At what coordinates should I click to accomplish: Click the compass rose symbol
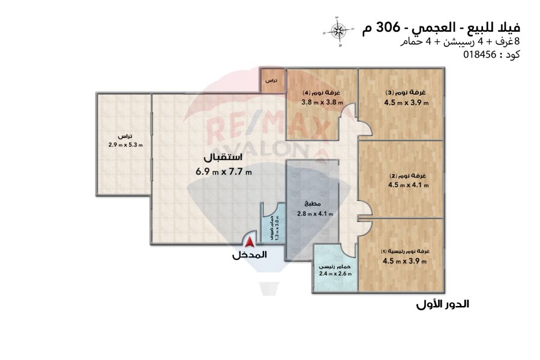tap(339, 31)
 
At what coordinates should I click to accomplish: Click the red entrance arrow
tap(250, 242)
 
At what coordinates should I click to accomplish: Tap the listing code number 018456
tap(479, 55)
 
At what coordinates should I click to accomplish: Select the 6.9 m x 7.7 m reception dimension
tap(224, 171)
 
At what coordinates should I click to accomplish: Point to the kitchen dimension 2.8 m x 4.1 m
tap(315, 214)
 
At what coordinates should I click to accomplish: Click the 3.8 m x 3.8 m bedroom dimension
tap(322, 102)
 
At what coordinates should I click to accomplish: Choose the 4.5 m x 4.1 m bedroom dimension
tap(409, 185)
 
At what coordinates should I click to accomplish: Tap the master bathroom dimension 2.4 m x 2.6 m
tap(335, 274)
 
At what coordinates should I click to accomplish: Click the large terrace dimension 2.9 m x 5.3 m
tap(125, 145)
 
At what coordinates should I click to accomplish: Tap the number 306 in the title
tap(388, 28)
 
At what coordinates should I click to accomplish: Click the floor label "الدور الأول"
tap(443, 304)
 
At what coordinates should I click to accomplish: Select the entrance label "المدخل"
tap(250, 255)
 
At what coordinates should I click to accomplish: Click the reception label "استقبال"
tap(223, 157)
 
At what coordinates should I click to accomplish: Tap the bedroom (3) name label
tap(406, 92)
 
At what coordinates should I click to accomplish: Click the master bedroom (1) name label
tap(405, 251)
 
